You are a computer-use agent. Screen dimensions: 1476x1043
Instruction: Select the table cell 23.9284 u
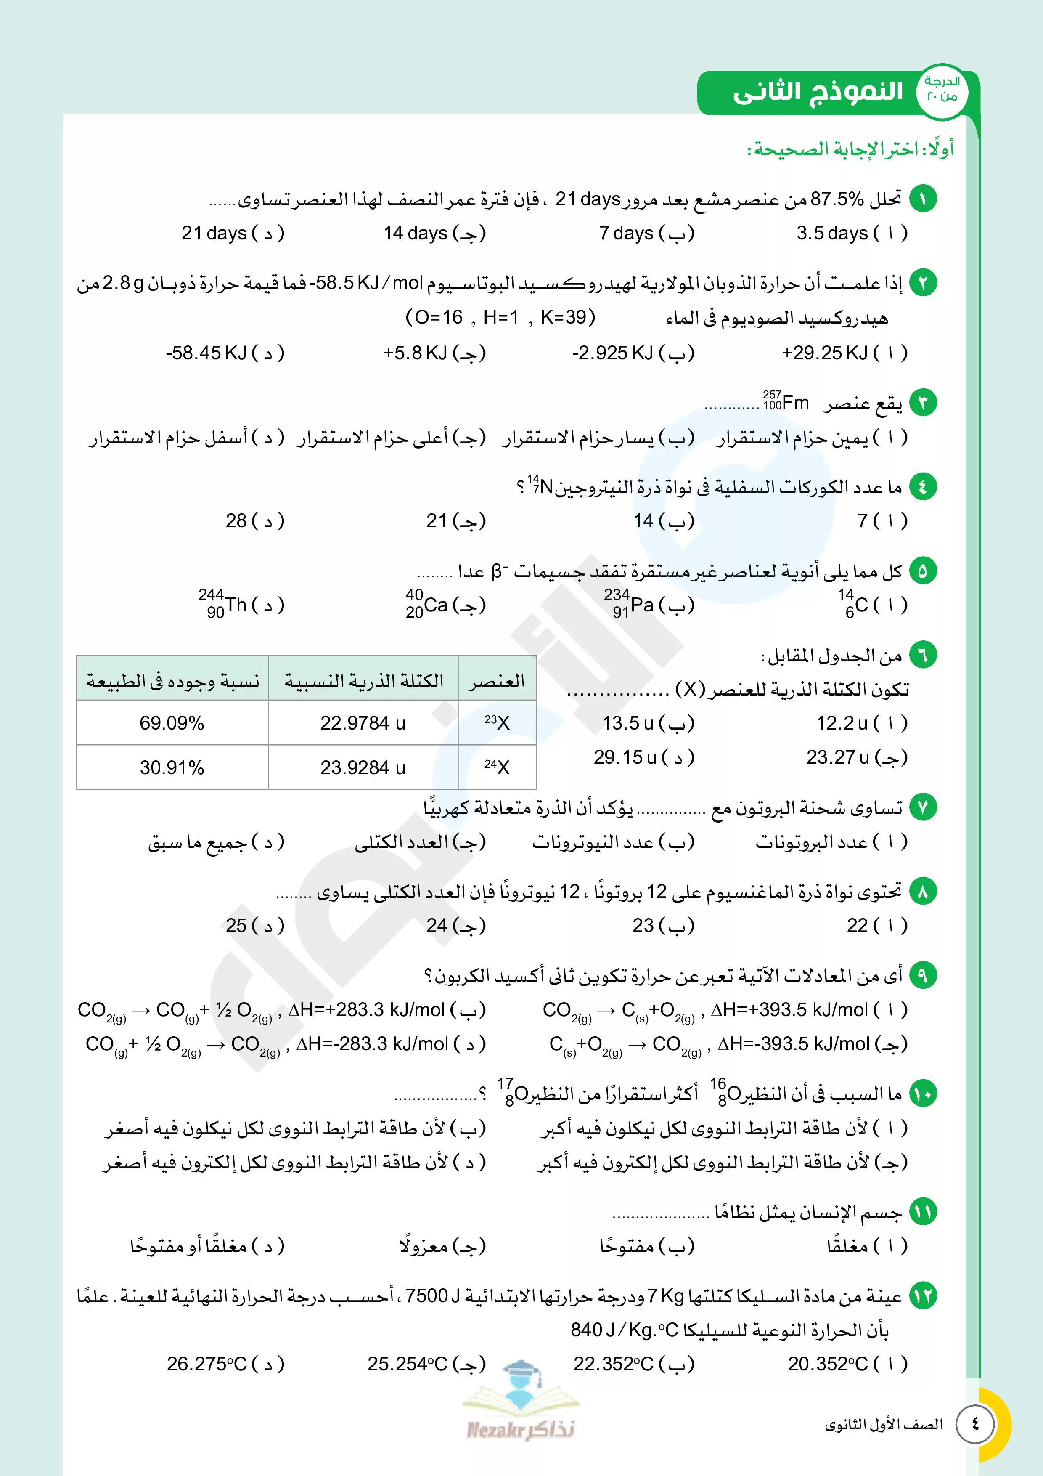pos(363,767)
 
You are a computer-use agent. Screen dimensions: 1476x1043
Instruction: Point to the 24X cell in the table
pos(497,767)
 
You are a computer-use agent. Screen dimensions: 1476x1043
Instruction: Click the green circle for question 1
pos(923,199)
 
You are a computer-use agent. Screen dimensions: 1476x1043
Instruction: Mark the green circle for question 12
pos(923,1296)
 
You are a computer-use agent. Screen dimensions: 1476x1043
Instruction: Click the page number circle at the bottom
pos(975,1424)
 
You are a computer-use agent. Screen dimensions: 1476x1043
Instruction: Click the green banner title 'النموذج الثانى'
pos(818,92)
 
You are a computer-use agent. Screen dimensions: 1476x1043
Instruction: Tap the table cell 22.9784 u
pos(363,723)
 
